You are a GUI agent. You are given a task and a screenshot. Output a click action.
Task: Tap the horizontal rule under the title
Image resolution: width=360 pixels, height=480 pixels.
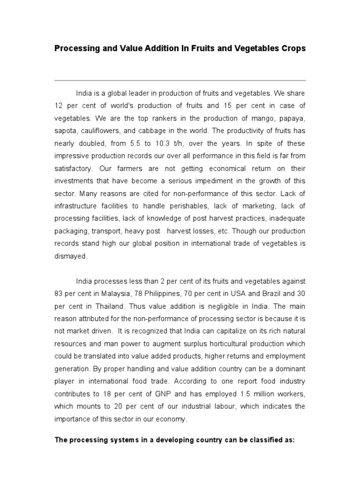tap(180, 80)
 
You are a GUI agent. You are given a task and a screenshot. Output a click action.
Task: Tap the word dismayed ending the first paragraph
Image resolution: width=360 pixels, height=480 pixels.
tap(71, 256)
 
